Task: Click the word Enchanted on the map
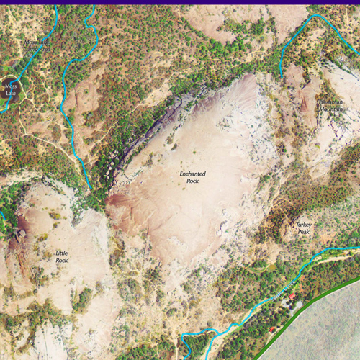(192, 174)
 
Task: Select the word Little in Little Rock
(62, 253)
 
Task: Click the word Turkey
(304, 225)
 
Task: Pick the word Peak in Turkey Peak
(303, 233)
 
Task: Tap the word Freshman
(330, 102)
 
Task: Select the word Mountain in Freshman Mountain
(330, 109)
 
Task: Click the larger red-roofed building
(292, 296)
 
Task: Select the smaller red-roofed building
(272, 329)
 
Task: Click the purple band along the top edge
(180, 2)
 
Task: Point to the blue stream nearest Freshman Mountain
(295, 36)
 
